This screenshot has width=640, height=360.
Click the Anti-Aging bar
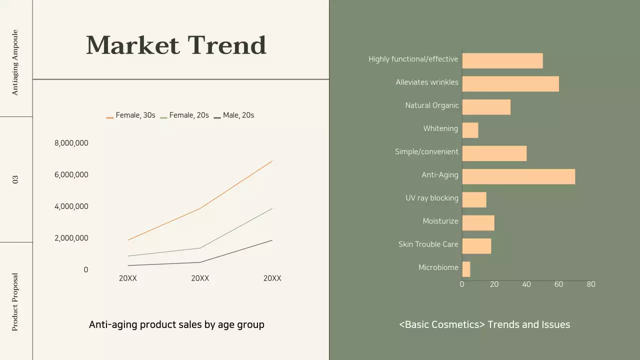(518, 176)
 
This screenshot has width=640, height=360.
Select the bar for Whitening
(470, 130)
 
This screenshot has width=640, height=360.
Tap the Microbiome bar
(466, 269)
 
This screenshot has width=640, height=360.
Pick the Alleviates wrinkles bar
(510, 84)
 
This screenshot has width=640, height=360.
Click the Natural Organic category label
(432, 105)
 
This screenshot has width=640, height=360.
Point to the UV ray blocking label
(432, 198)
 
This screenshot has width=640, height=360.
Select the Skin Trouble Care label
(428, 244)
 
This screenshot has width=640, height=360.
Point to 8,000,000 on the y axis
(71, 143)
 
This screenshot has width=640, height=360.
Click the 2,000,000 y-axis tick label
(71, 238)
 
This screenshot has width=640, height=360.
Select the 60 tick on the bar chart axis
(559, 284)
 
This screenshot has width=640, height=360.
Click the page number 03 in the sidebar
(15, 179)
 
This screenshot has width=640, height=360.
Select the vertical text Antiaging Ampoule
(15, 62)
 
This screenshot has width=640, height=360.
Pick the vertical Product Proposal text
(15, 301)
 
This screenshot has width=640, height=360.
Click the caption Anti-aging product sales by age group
(176, 324)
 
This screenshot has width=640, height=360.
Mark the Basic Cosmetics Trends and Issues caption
(484, 324)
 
